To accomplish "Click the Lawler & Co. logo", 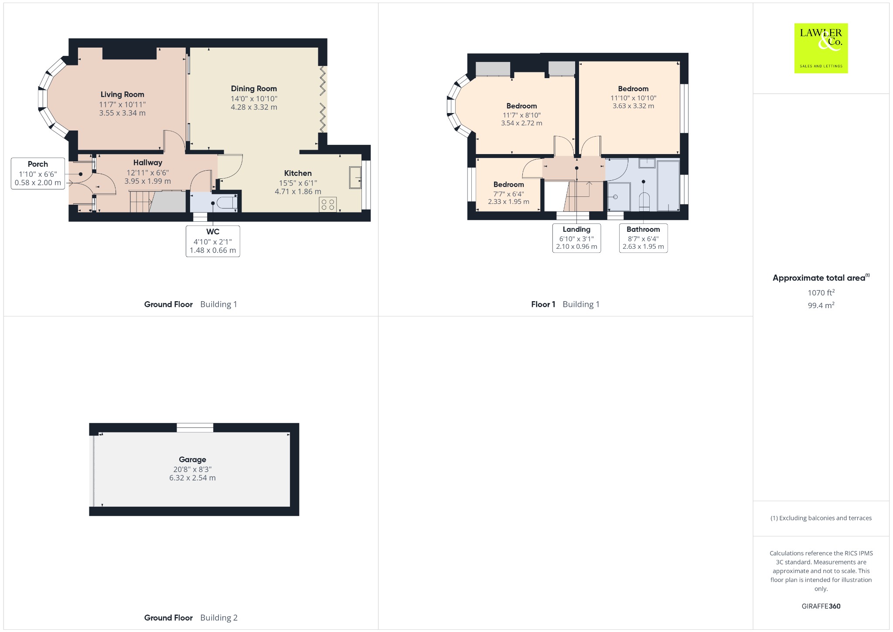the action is [x=821, y=48].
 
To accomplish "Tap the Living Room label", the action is [x=122, y=94].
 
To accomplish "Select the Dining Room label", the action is [x=254, y=89].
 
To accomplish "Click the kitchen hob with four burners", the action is [x=327, y=205].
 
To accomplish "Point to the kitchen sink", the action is [x=355, y=178].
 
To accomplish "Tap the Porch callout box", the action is [x=38, y=173].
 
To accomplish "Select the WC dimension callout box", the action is [x=213, y=241].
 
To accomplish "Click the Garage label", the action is [x=192, y=460].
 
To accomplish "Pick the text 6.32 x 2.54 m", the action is [x=192, y=478].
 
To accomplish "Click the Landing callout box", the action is [x=576, y=238].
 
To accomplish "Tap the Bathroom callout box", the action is [x=643, y=238].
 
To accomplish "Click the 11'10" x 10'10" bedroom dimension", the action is [x=633, y=98].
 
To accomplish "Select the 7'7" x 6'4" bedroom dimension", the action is [x=508, y=194].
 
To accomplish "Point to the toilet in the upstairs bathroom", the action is [x=644, y=201].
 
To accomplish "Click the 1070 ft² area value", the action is [x=821, y=292].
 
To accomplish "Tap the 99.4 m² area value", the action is [x=821, y=305].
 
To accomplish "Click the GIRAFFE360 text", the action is [x=821, y=606].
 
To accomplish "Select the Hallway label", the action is [x=148, y=163].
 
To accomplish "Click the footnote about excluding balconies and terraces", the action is [x=821, y=518].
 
